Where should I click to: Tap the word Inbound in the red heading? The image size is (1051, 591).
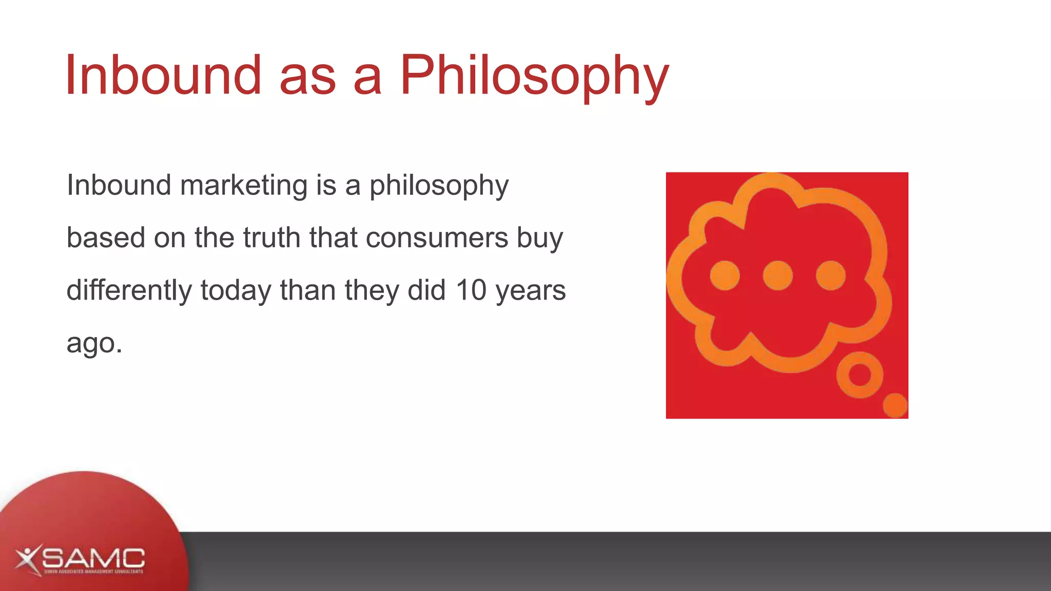163,76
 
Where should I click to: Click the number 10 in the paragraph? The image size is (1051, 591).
471,290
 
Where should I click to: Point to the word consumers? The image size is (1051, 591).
437,238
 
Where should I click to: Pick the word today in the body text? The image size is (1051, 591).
236,290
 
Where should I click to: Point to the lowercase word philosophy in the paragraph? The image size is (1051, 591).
439,186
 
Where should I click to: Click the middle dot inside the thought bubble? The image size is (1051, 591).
777,275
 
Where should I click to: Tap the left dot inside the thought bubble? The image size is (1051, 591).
725,275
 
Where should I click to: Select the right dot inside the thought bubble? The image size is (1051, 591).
831,275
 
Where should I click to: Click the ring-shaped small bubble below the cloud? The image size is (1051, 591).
860,375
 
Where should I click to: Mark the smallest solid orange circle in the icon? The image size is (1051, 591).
895,405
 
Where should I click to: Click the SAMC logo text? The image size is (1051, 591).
93,558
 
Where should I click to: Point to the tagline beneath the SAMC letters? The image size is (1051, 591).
93,572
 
